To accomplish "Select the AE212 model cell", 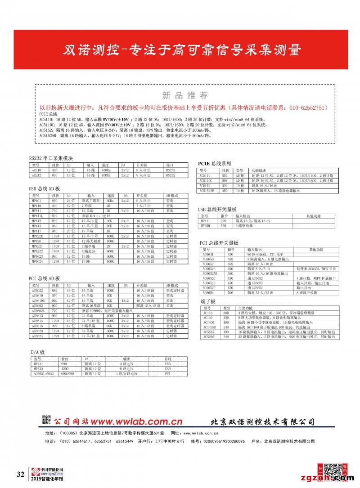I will (36, 175).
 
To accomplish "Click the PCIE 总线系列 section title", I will (215, 163).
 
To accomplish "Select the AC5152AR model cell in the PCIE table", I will (207, 191).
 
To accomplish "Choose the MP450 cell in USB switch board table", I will (205, 226).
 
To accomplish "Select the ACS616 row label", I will (209, 336).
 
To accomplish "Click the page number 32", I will (20, 475).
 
